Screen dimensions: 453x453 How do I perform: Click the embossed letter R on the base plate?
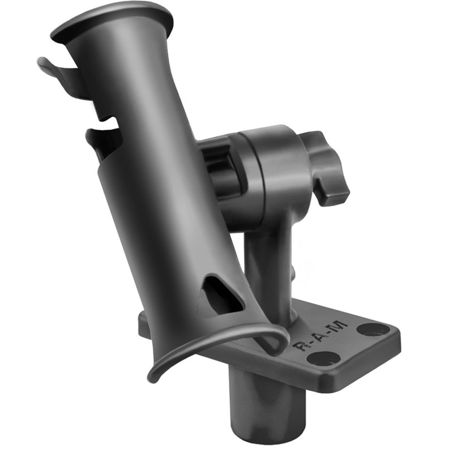coord(301,345)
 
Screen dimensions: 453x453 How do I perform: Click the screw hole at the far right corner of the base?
coord(373,329)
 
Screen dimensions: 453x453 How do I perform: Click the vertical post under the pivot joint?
coord(266,266)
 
